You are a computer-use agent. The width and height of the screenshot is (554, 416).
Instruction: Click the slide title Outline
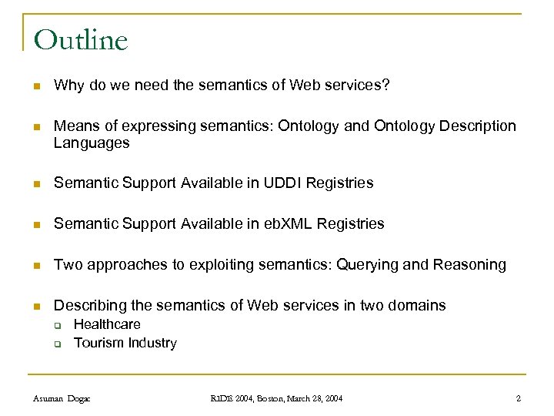[x=81, y=39]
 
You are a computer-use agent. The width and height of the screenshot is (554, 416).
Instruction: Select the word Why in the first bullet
[x=67, y=85]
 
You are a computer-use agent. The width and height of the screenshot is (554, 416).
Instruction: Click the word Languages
[x=92, y=143]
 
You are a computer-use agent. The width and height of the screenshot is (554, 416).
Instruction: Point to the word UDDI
[x=285, y=183]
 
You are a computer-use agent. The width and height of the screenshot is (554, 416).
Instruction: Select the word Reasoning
[x=470, y=265]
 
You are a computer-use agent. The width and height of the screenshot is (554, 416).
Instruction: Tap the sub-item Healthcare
[x=107, y=324]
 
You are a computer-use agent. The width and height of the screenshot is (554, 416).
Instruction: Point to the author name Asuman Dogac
[x=62, y=398]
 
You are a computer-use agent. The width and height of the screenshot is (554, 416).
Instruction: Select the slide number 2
[x=519, y=398]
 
